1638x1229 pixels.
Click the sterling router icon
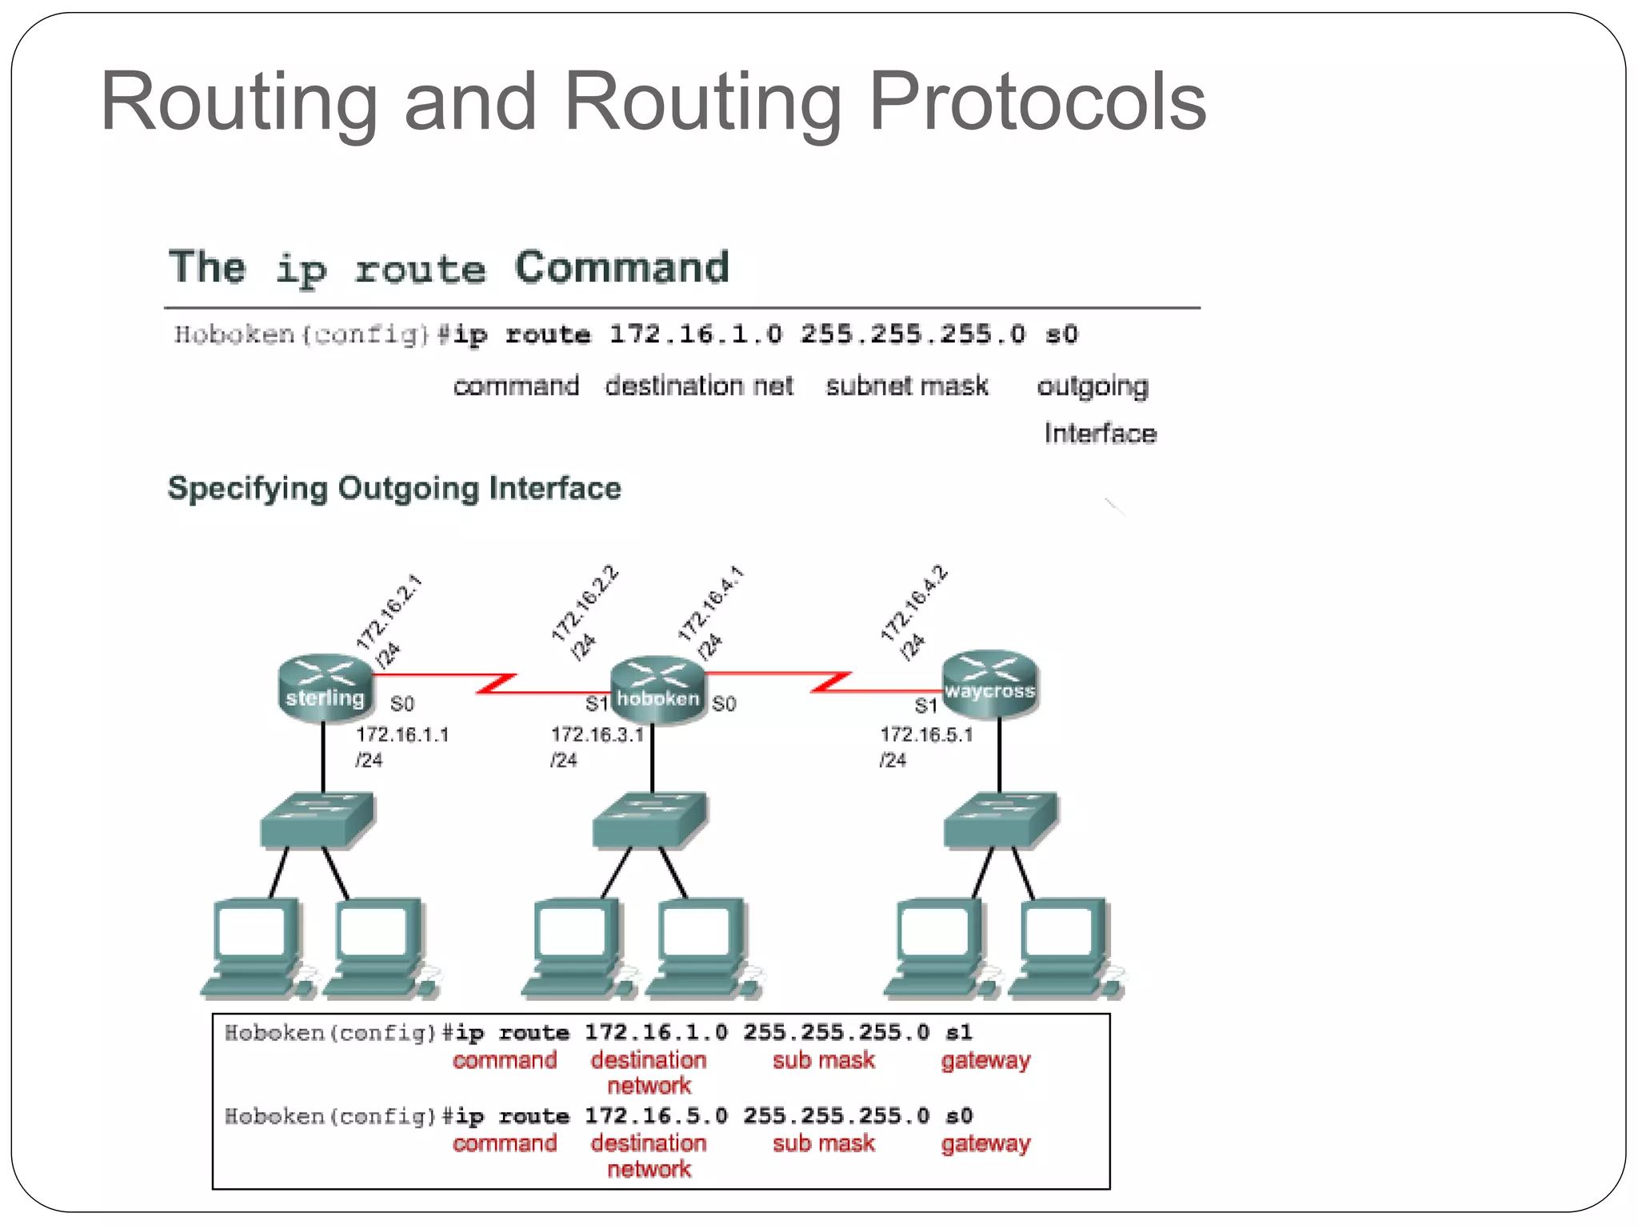click(326, 688)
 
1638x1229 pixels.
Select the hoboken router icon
click(657, 690)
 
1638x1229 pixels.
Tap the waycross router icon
click(989, 683)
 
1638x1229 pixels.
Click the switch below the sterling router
click(318, 820)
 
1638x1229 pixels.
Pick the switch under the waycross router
click(1001, 820)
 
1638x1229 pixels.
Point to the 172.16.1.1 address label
click(402, 735)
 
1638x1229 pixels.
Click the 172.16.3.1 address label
click(597, 735)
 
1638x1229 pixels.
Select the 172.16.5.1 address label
click(926, 735)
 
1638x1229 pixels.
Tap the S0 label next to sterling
click(402, 704)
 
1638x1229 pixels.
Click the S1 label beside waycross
click(925, 706)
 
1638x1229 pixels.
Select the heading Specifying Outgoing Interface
click(394, 488)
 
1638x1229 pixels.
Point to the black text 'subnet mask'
click(907, 386)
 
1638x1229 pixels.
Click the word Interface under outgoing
click(1100, 434)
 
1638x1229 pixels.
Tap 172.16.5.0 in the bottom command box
click(656, 1115)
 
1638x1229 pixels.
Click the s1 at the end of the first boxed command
click(958, 1032)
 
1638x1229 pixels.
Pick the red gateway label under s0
click(985, 1143)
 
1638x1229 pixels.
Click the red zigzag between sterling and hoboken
click(496, 683)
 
